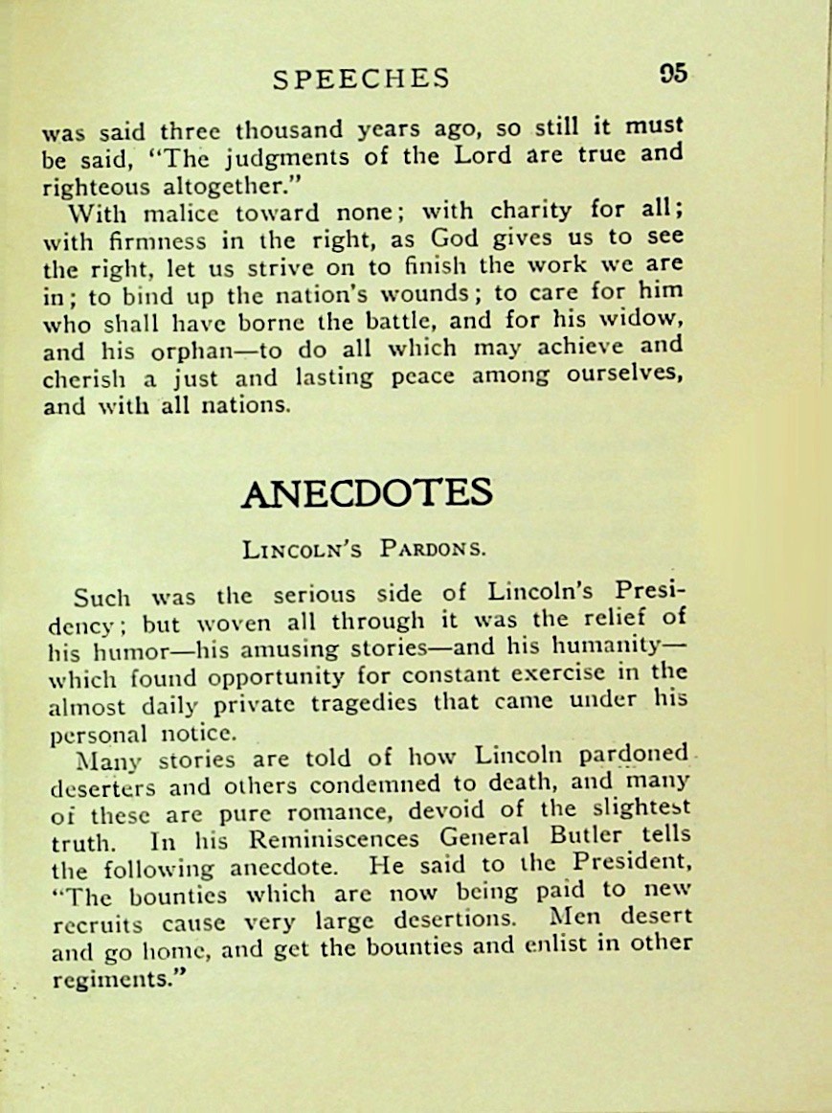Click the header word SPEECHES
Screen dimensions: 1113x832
point(360,79)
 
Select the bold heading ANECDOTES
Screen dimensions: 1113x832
point(367,493)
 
